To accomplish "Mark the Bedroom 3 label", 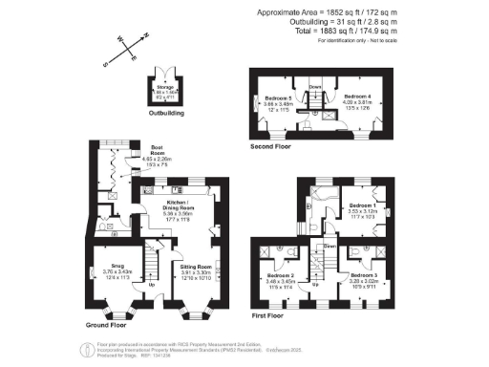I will coord(365,275).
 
